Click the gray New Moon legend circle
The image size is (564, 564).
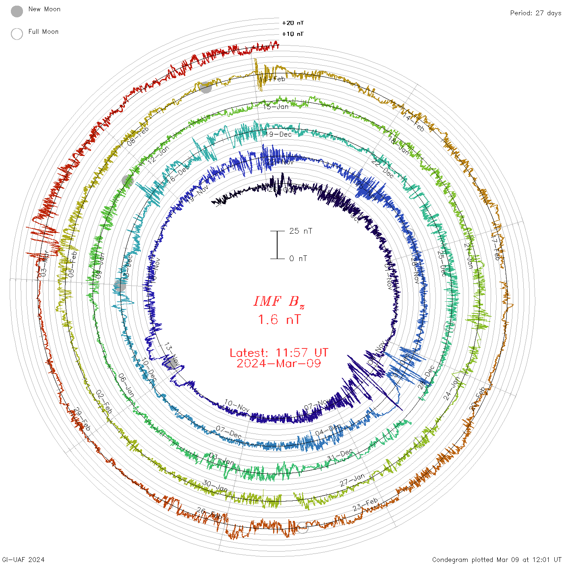pyautogui.click(x=17, y=12)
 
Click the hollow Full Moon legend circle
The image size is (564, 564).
pyautogui.click(x=17, y=34)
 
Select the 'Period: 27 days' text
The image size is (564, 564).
pyautogui.click(x=535, y=13)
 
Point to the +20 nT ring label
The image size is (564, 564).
pyautogui.click(x=292, y=23)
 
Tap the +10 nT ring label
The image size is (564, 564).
pyautogui.click(x=292, y=34)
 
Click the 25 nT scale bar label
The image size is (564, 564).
pyautogui.click(x=301, y=231)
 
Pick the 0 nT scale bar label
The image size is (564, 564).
pyautogui.click(x=298, y=258)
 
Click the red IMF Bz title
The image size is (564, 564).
pyautogui.click(x=279, y=301)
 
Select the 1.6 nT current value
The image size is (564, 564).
pyautogui.click(x=279, y=319)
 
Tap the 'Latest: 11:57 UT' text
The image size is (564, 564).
pyautogui.click(x=279, y=353)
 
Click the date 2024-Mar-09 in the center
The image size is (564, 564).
pyautogui.click(x=279, y=363)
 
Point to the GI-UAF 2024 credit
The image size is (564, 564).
pyautogui.click(x=23, y=560)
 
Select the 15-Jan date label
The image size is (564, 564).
pyautogui.click(x=276, y=107)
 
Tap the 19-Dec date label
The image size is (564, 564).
pyautogui.click(x=278, y=134)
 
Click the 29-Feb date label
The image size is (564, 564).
pyautogui.click(x=82, y=419)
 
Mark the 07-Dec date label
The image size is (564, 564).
pyautogui.click(x=229, y=432)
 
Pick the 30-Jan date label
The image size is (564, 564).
pyautogui.click(x=215, y=486)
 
